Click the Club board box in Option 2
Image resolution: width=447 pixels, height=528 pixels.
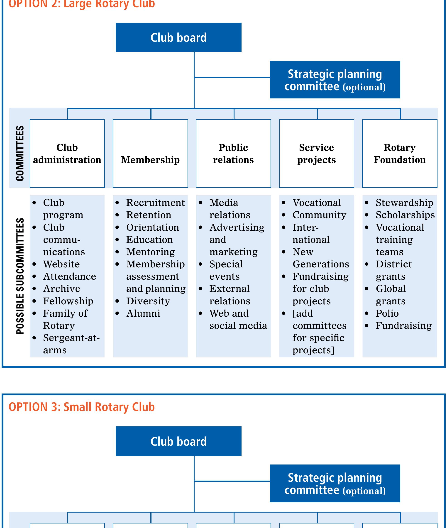click(178, 37)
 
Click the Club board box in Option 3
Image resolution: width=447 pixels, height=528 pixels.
click(178, 441)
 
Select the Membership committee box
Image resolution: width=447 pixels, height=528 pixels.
click(150, 154)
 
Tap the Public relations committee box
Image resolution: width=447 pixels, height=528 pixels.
click(233, 154)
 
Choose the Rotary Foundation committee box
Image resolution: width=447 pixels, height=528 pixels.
click(400, 154)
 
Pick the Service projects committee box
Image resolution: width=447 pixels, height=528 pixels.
click(317, 154)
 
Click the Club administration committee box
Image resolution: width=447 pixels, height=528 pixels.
click(67, 154)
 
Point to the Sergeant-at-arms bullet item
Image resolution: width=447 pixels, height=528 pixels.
click(71, 344)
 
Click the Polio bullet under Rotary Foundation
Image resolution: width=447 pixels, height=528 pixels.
click(387, 313)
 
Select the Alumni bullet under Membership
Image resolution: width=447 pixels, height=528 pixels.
click(143, 313)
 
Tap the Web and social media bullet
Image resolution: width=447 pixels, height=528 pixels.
click(238, 319)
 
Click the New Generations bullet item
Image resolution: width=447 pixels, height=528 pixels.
click(320, 258)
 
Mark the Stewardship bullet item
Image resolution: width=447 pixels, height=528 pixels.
click(404, 203)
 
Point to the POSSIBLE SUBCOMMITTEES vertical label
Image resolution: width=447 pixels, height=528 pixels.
click(20, 276)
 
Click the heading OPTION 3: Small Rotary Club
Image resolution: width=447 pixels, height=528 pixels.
click(82, 407)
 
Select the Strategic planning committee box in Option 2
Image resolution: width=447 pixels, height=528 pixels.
click(335, 80)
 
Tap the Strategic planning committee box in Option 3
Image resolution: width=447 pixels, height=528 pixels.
click(335, 483)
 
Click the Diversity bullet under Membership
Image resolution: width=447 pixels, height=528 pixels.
click(148, 301)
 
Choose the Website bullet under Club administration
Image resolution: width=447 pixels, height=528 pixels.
click(61, 264)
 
